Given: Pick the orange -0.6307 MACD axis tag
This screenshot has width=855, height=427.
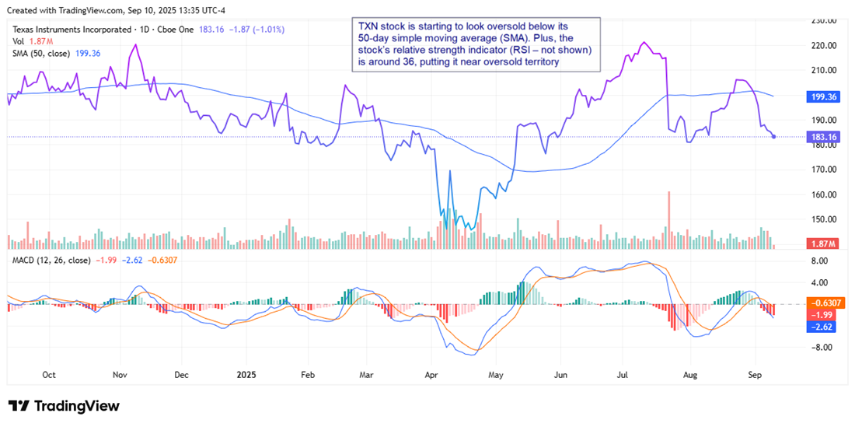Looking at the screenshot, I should click(822, 303).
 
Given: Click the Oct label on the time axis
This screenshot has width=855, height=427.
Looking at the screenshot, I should click(49, 375).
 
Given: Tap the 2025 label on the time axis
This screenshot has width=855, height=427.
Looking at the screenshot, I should click(246, 375).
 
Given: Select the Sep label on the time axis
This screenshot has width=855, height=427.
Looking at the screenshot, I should click(753, 375).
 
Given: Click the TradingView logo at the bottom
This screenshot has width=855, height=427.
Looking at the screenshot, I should click(64, 406).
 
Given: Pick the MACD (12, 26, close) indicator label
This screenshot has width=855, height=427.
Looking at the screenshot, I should click(48, 260).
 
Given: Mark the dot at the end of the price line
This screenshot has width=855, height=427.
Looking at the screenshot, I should click(773, 137).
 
